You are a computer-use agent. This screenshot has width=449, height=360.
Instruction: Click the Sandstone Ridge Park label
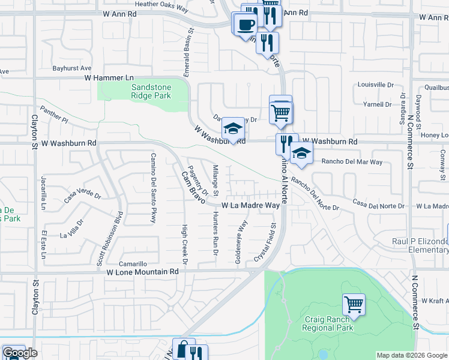point(151,91)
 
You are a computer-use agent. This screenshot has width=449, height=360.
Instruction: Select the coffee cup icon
point(245,25)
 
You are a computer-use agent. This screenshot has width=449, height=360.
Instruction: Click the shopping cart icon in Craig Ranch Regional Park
point(354,304)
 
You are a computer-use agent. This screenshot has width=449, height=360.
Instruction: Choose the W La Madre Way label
point(250,205)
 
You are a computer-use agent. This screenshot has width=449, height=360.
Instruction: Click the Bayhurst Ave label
point(71,68)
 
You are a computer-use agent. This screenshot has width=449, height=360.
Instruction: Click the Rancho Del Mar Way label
point(352,162)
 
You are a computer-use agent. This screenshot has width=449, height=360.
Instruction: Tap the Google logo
point(20,353)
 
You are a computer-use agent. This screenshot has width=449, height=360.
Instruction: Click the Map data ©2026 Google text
point(412,355)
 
